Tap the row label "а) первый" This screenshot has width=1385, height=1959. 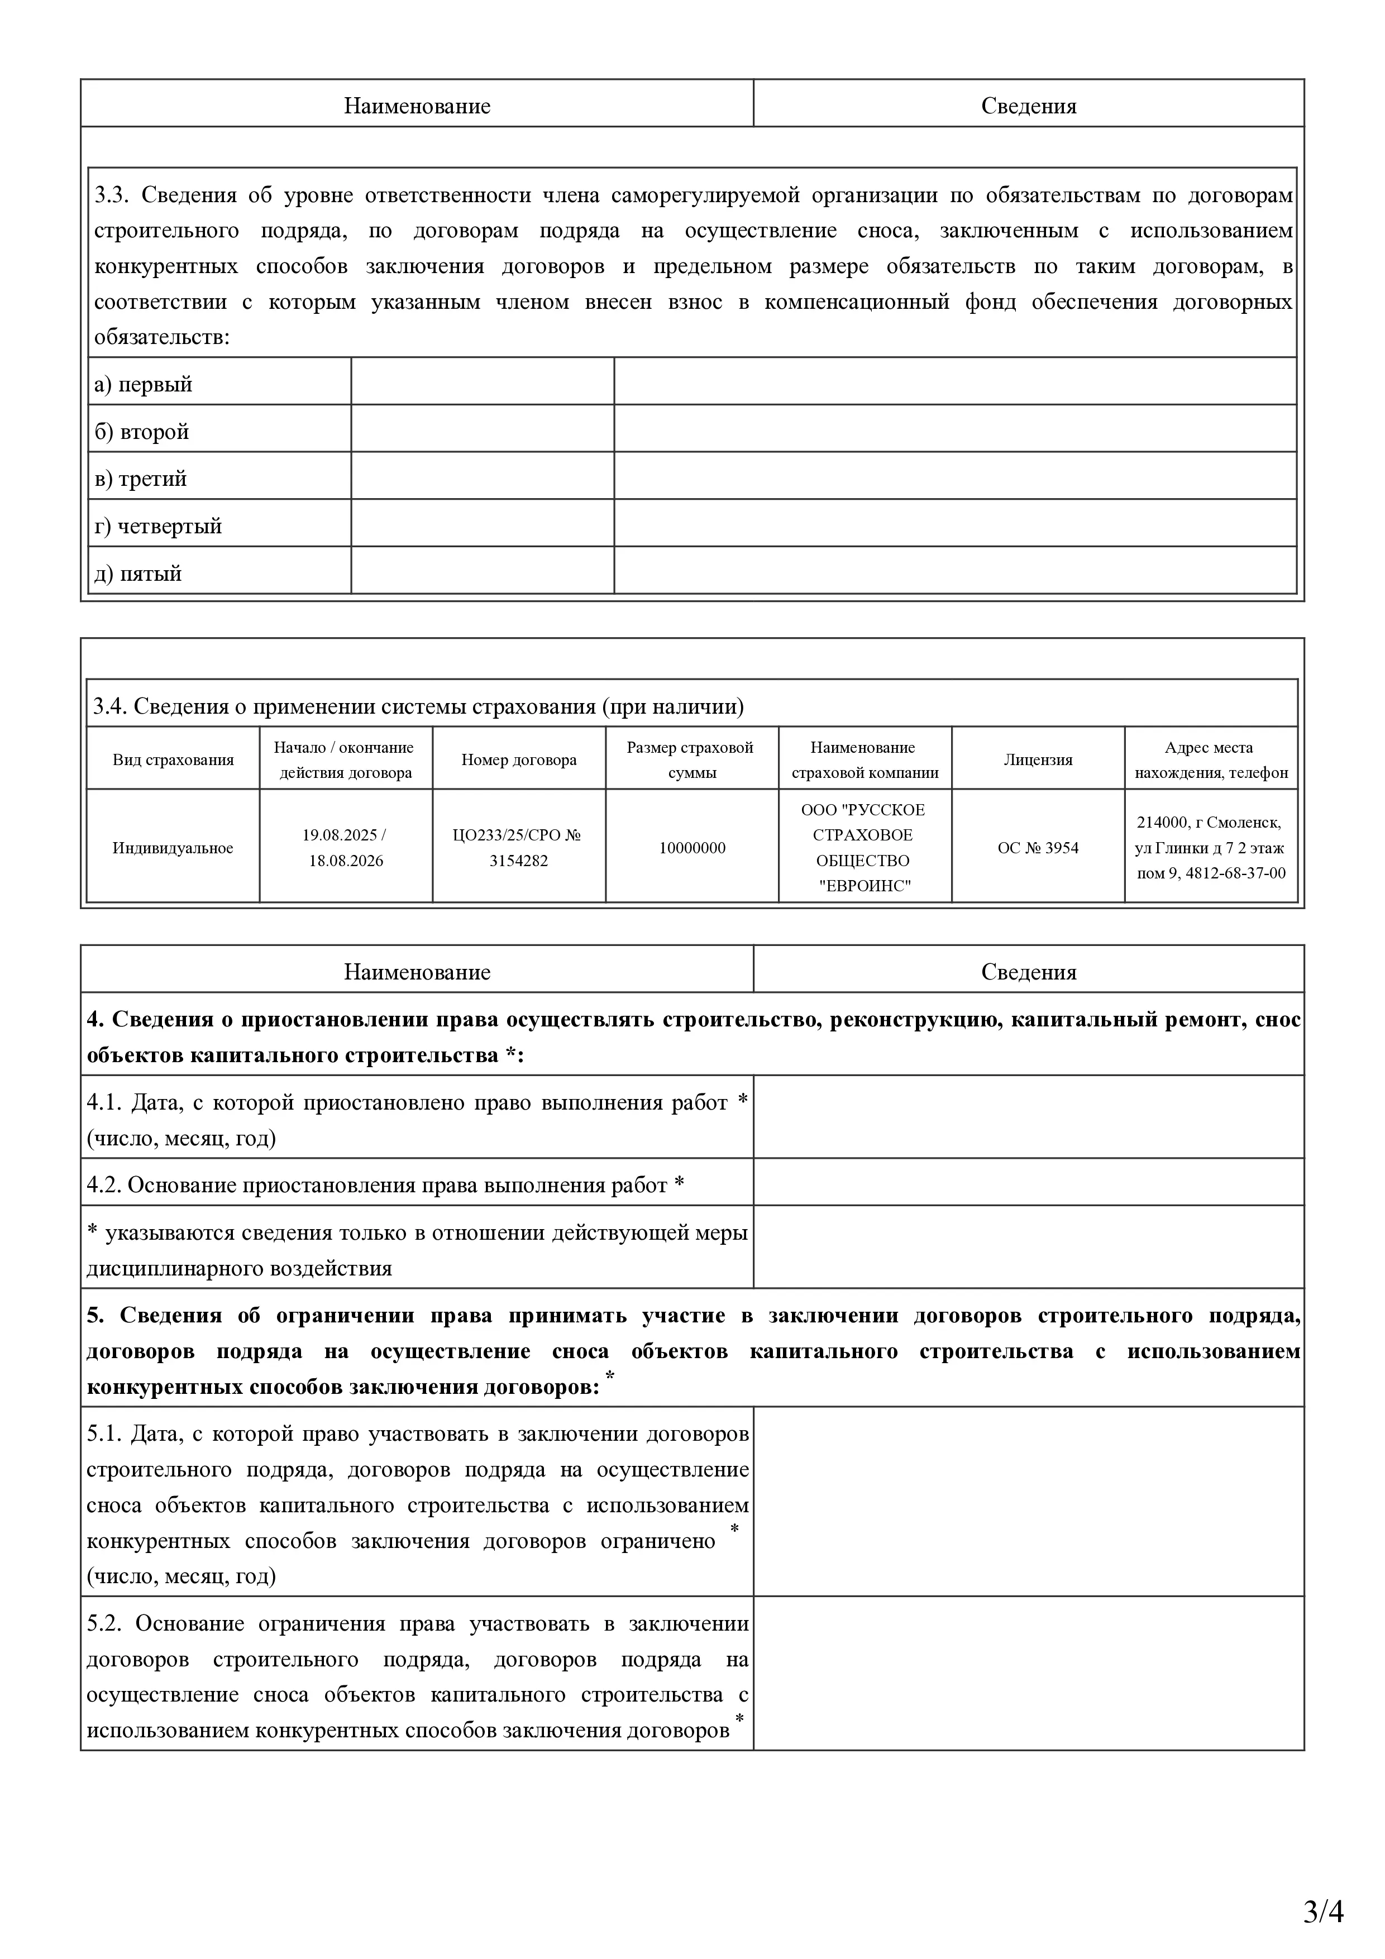(144, 385)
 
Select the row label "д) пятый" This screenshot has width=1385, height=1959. (138, 574)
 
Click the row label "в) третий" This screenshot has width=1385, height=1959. (141, 479)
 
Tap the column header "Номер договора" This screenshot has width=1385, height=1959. (519, 759)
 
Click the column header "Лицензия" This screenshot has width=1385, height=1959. (1038, 759)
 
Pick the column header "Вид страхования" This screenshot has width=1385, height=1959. (173, 759)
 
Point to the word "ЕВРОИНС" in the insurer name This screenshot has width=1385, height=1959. (865, 886)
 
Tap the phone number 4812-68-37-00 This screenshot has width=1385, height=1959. (1236, 873)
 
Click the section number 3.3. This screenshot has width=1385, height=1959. (111, 195)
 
